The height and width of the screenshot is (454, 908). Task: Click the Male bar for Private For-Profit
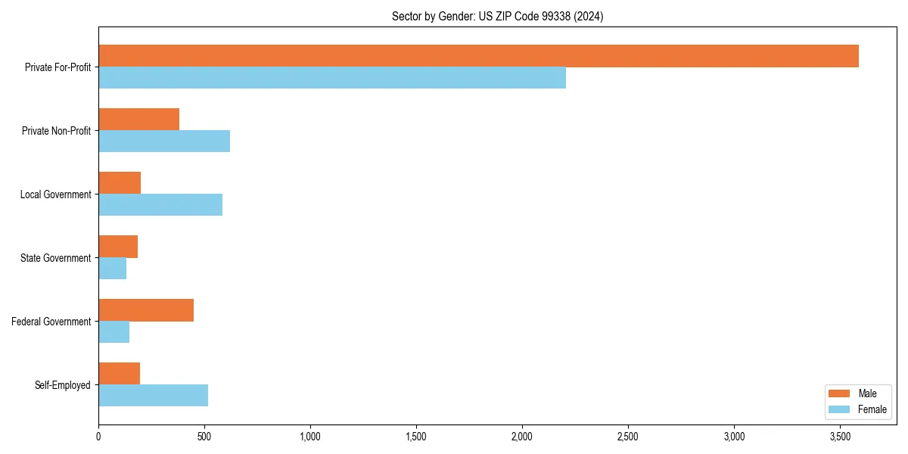[x=478, y=56]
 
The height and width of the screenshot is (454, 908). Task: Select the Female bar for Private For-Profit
[x=332, y=78]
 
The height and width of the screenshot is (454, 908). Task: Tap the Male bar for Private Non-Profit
[x=138, y=120]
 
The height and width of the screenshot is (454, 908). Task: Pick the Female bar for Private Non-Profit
[x=164, y=141]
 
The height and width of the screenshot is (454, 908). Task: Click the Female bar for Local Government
[x=160, y=205]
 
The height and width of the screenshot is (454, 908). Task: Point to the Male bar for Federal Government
[x=146, y=310]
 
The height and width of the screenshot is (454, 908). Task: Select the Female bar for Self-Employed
[x=153, y=396]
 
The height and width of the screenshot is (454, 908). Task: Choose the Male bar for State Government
[x=118, y=247]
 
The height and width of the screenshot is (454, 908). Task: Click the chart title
[x=497, y=16]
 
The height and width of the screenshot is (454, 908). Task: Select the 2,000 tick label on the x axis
[x=522, y=437]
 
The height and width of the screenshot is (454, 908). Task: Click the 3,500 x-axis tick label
[x=840, y=437]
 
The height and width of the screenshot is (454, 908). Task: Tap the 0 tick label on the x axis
[x=98, y=437]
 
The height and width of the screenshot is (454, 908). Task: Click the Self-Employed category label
[x=63, y=385]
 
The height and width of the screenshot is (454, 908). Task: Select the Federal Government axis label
[x=51, y=322]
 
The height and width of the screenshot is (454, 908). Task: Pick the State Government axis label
[x=56, y=258]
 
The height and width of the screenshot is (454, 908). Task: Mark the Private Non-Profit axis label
[x=56, y=131]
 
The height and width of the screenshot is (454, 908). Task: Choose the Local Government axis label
[x=56, y=194]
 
